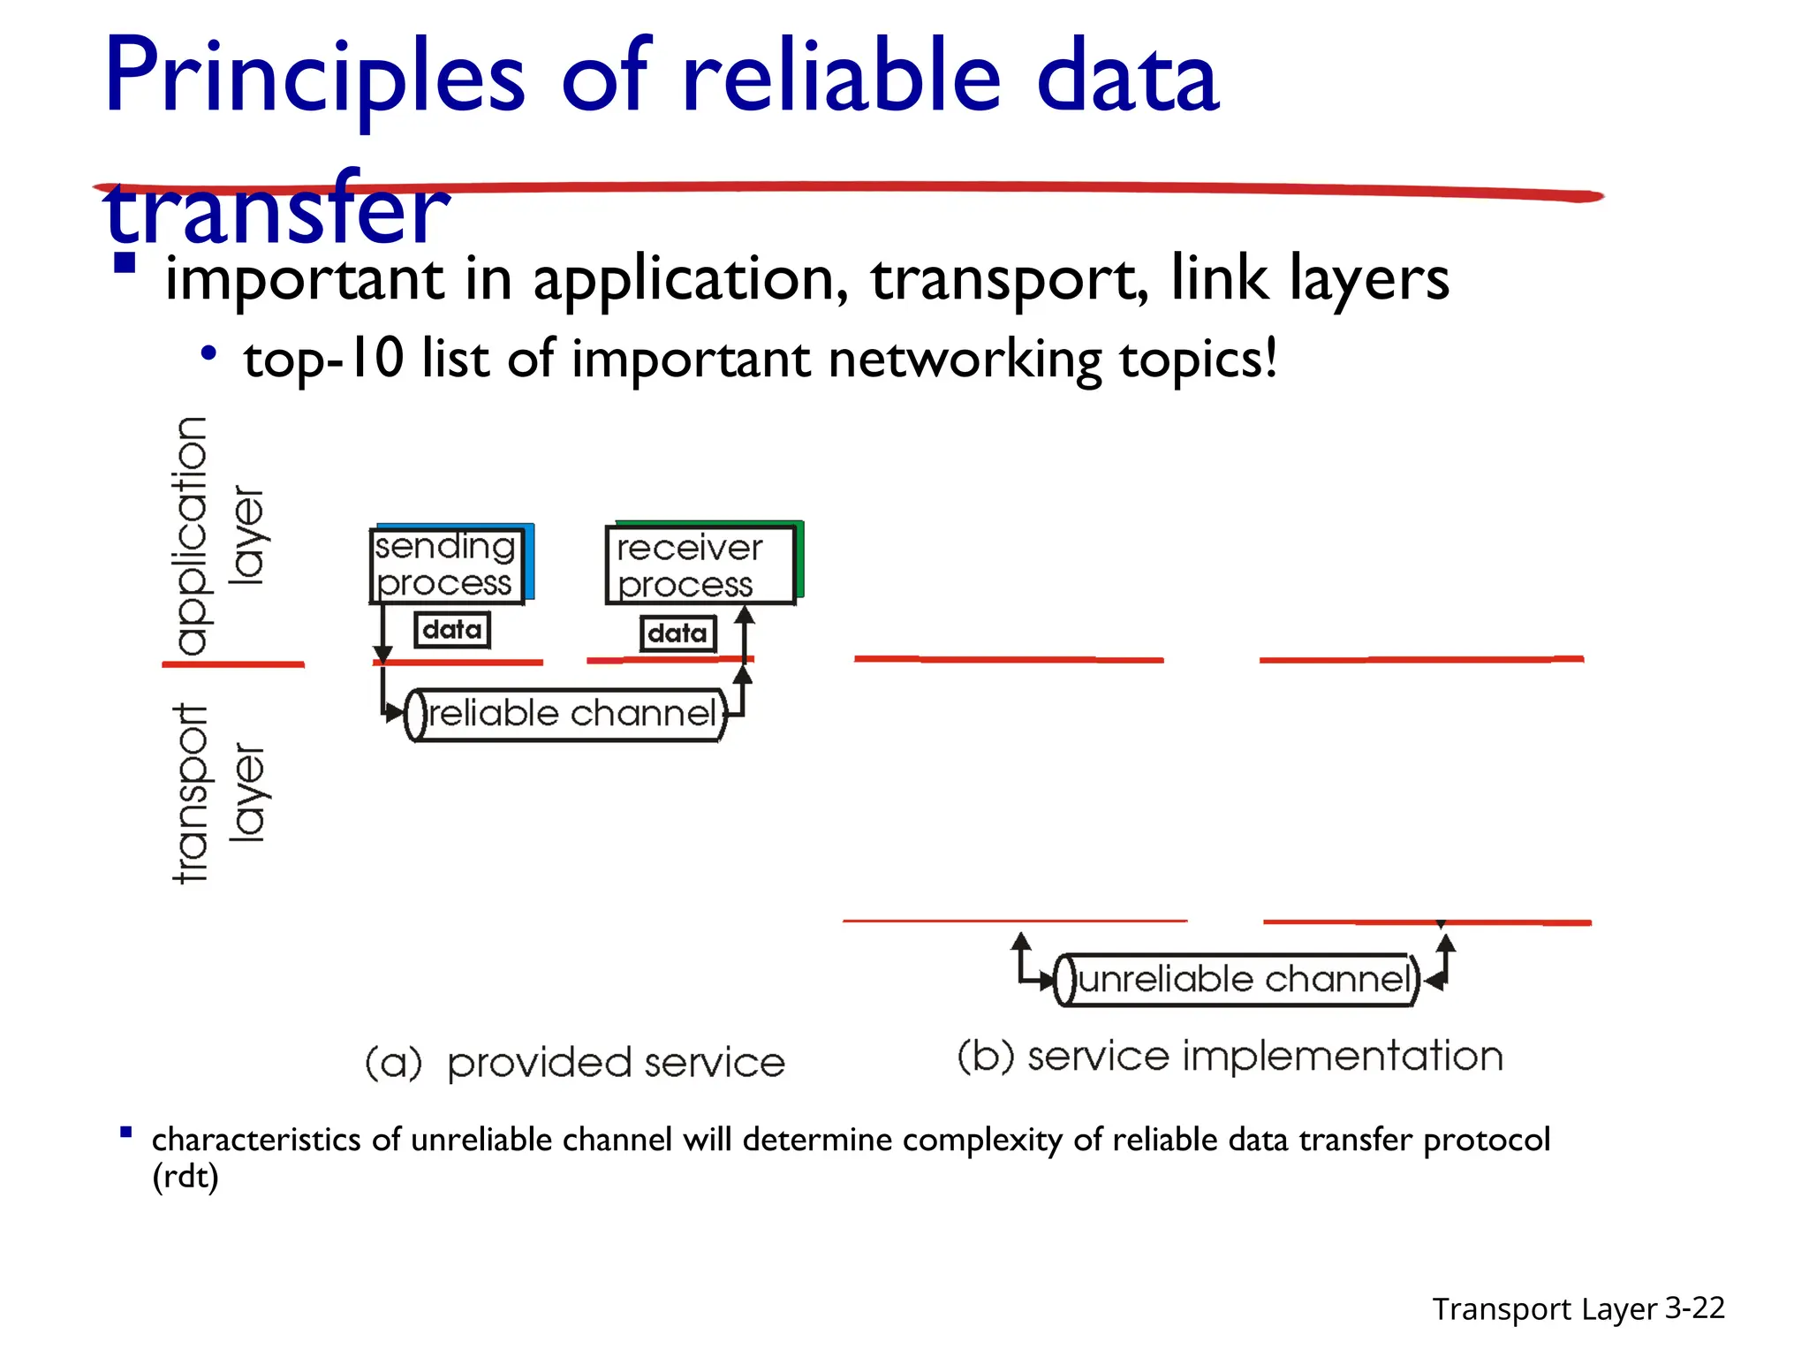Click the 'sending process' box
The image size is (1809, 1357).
tap(446, 565)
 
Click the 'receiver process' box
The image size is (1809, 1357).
tap(700, 565)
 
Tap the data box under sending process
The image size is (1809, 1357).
tap(452, 630)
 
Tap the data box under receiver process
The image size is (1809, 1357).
tap(677, 633)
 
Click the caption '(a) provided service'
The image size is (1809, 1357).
tap(575, 1063)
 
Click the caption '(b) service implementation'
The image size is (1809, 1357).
tap(1230, 1057)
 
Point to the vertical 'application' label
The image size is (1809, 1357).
tap(191, 535)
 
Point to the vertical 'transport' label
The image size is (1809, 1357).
tap(191, 792)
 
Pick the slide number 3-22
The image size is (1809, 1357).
tap(1695, 1308)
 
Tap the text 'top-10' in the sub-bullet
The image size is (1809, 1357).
tap(323, 360)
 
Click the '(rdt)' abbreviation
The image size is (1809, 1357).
tap(185, 1177)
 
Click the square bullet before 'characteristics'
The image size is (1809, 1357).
tap(126, 1133)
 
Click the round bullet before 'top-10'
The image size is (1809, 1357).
tap(208, 354)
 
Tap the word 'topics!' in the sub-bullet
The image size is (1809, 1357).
tap(1198, 360)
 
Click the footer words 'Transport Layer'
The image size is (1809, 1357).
tap(1544, 1309)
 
